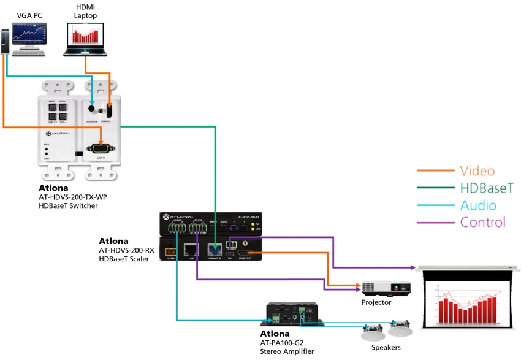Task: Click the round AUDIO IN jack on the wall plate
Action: click(92, 109)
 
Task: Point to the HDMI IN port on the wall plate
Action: click(109, 110)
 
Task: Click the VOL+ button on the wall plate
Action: click(64, 105)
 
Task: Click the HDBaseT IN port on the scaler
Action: click(215, 248)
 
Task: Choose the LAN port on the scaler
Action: click(191, 248)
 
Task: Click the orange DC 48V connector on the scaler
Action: click(170, 250)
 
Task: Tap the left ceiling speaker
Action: click(373, 332)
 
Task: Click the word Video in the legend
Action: click(477, 171)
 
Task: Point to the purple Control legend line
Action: click(436, 223)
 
